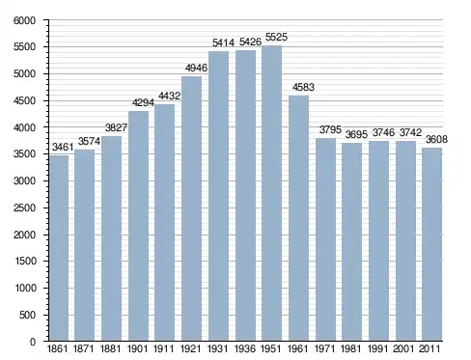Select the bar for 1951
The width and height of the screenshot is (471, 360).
(271, 193)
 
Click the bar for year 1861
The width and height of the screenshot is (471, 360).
(59, 248)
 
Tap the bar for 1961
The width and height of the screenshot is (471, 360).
(298, 218)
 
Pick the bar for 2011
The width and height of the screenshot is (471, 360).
(431, 244)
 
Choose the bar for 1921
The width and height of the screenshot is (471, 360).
(191, 208)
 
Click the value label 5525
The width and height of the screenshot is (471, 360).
(276, 37)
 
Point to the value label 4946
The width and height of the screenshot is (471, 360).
(196, 68)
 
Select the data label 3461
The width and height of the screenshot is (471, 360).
(63, 147)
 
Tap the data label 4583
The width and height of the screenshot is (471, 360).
(303, 87)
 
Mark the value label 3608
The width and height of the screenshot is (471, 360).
(436, 139)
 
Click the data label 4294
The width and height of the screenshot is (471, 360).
(143, 102)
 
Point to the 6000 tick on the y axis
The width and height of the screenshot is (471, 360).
(24, 20)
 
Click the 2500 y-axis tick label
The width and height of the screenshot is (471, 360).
(24, 208)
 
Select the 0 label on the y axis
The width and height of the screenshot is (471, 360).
(33, 342)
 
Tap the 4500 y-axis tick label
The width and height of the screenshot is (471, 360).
(24, 100)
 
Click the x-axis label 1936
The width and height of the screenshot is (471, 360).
(245, 348)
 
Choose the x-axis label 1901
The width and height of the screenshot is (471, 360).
(138, 348)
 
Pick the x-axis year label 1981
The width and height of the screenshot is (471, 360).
(351, 348)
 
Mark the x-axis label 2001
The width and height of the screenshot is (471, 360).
(404, 348)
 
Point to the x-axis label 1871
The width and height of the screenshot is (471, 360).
(84, 348)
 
